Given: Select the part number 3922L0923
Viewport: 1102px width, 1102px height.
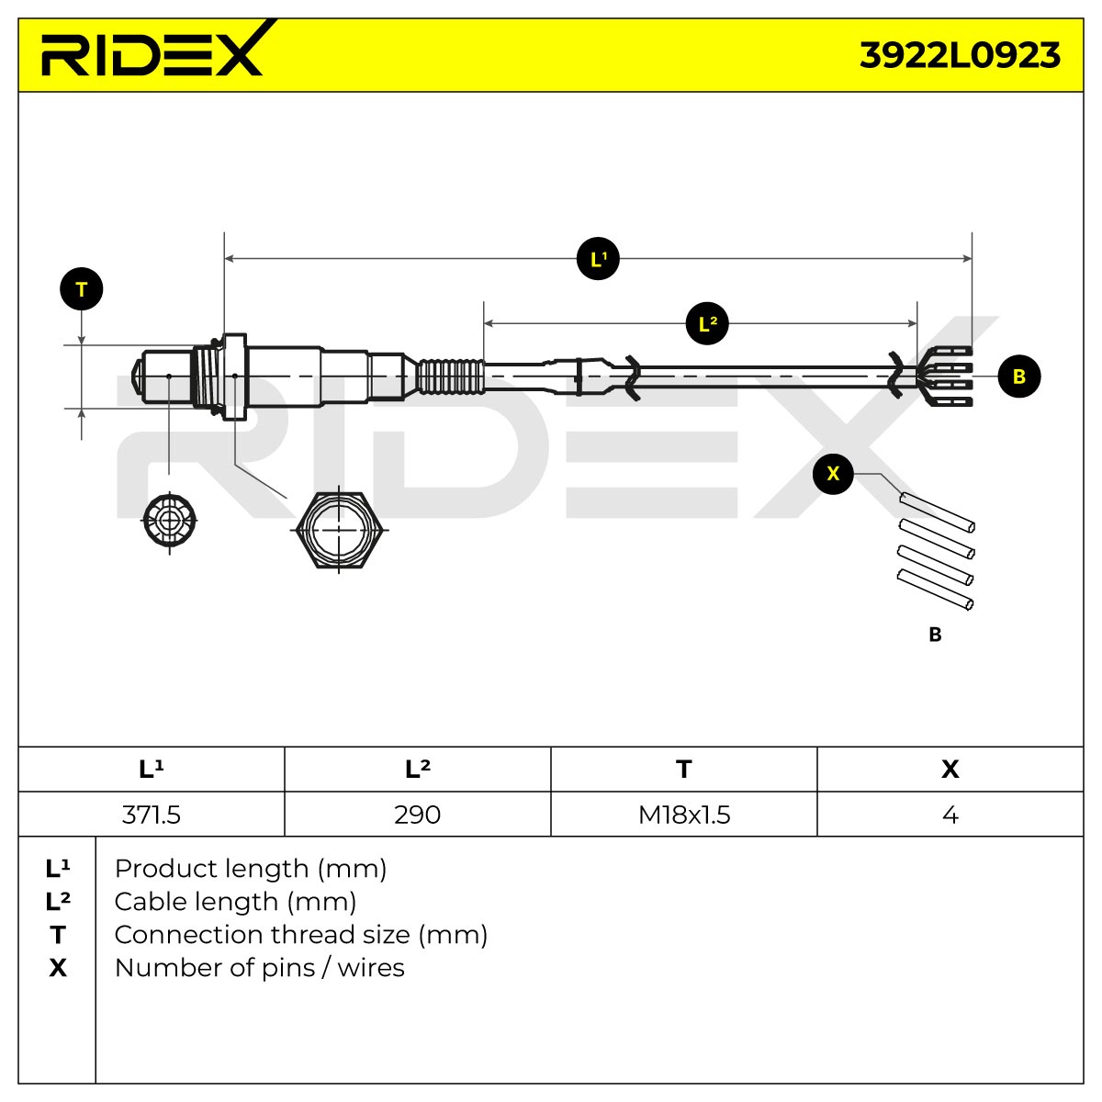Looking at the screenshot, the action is coord(960,55).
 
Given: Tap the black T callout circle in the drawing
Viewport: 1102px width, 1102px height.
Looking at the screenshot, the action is coord(81,289).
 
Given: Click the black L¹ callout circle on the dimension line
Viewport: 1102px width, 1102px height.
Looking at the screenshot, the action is coord(598,259).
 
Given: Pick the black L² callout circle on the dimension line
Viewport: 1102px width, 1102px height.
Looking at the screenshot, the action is coord(707,323).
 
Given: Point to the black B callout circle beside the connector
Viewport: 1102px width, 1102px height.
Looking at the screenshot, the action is coord(1019,377).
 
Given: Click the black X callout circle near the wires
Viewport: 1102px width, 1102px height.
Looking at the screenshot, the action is coord(833,474).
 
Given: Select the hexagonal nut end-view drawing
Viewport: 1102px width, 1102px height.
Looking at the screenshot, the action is coord(339,530).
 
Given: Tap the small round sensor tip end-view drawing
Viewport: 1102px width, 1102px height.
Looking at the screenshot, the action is coord(169,521).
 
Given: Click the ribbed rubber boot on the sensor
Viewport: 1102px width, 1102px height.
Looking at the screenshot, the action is coord(450,377).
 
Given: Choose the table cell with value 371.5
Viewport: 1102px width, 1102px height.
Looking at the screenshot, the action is coord(151,815).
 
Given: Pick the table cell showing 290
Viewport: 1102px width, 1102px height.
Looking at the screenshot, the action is coord(417,815).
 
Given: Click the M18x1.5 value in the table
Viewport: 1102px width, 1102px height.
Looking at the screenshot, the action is coord(684,815).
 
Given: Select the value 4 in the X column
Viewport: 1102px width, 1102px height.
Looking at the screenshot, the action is coord(950,815).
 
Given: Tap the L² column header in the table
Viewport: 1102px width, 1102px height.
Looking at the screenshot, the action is coord(418,770).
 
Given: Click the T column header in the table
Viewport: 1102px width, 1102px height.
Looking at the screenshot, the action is coord(684,770).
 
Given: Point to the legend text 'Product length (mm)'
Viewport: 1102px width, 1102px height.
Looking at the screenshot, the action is coord(251,870).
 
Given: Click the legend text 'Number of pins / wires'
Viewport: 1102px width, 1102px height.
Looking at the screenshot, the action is coord(260,968).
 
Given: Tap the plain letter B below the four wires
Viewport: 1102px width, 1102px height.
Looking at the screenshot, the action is coord(935,635).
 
